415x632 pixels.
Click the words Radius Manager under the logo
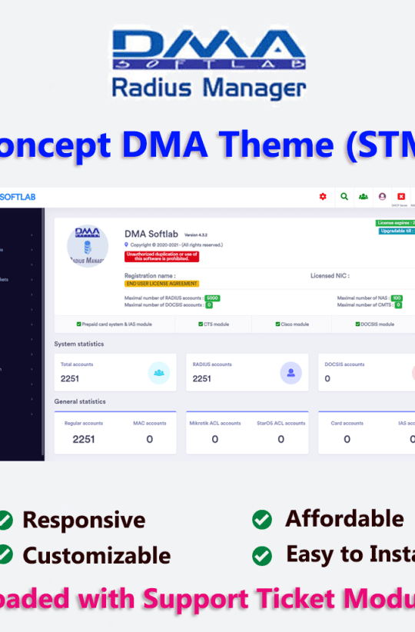click(x=208, y=87)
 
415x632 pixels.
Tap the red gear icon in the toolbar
click(x=323, y=196)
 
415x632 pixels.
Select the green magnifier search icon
click(x=344, y=196)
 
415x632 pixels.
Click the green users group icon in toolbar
click(x=363, y=196)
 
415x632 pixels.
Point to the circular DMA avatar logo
click(x=88, y=246)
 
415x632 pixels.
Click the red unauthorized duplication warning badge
click(x=161, y=257)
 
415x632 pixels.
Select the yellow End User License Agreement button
click(x=161, y=284)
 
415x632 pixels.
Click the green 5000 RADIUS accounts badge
click(x=212, y=298)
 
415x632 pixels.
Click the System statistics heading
click(x=78, y=344)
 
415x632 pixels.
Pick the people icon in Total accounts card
click(x=158, y=373)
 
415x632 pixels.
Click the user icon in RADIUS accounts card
click(x=290, y=373)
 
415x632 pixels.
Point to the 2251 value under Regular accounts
click(x=84, y=439)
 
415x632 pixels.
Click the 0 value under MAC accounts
click(x=149, y=439)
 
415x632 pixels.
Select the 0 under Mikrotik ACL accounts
click(x=214, y=439)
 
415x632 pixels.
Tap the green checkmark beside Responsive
click(x=5, y=521)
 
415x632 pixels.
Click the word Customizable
click(x=96, y=555)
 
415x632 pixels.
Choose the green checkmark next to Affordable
click(x=262, y=521)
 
